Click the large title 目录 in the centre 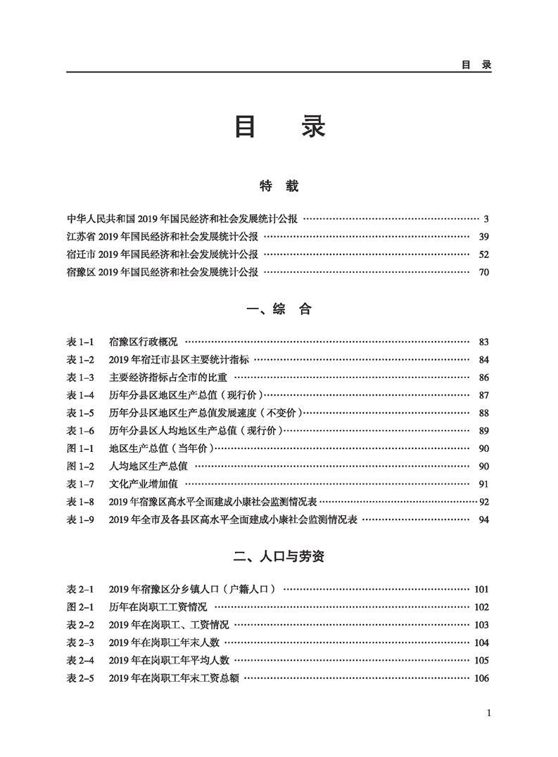(x=279, y=127)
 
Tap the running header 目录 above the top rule (x=476, y=64)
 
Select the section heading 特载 (x=279, y=186)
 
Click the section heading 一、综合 (x=279, y=309)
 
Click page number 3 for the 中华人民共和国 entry (x=486, y=219)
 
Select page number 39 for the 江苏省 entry (x=483, y=236)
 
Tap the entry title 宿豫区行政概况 (x=144, y=342)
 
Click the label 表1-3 (x=80, y=377)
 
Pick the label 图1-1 (x=80, y=448)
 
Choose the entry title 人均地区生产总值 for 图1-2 (x=148, y=466)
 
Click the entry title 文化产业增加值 (x=144, y=484)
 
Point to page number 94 (x=483, y=520)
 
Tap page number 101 (x=481, y=589)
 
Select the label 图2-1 (x=80, y=607)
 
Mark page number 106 (x=481, y=678)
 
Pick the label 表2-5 (x=80, y=678)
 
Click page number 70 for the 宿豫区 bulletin (x=483, y=272)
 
